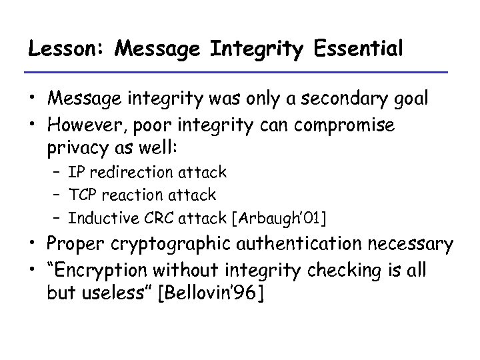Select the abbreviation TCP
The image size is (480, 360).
83,195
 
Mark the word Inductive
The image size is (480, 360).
99,217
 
